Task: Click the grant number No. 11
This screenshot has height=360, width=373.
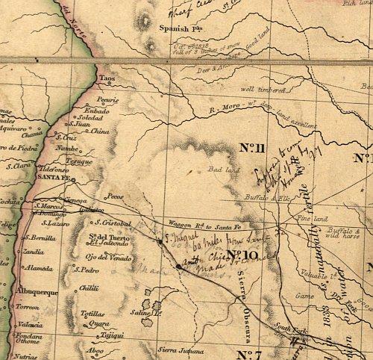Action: (x=253, y=146)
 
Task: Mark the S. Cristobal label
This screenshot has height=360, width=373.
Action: (x=113, y=223)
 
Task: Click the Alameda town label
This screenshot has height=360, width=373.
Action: (x=38, y=267)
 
